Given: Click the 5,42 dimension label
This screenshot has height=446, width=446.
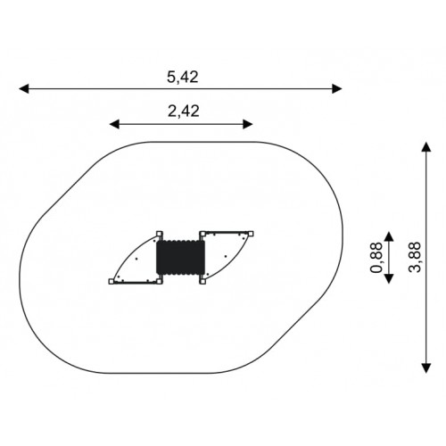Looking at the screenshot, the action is click(x=182, y=78).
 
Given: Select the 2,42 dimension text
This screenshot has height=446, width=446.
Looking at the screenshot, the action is click(x=183, y=111).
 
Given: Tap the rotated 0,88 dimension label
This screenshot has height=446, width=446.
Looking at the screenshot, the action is click(x=376, y=258).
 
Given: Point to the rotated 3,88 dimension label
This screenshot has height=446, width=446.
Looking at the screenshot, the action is click(x=415, y=257).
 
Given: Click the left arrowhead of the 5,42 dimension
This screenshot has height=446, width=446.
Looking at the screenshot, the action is click(x=24, y=88).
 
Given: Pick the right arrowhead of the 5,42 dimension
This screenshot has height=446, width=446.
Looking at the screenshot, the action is click(x=337, y=88).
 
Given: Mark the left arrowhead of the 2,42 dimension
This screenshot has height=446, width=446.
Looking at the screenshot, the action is click(x=114, y=124).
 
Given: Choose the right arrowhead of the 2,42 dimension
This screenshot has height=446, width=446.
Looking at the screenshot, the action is click(x=248, y=124).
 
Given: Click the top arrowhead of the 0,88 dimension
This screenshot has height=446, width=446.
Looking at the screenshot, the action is click(x=389, y=236).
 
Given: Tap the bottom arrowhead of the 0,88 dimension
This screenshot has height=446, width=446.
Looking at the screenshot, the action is click(x=389, y=278).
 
